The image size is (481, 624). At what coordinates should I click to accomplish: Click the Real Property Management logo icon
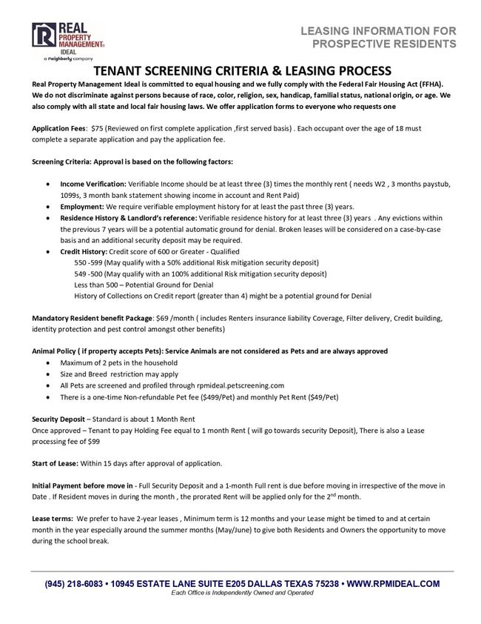(x=43, y=37)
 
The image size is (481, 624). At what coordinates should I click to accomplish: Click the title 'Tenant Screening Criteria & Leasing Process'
(x=240, y=71)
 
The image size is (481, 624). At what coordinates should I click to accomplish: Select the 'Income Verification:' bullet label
(x=93, y=183)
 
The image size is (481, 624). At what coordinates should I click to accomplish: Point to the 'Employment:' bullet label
(x=82, y=207)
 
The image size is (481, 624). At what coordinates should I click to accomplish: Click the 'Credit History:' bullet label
(x=84, y=252)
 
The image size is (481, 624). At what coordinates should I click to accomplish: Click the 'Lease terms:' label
(x=52, y=519)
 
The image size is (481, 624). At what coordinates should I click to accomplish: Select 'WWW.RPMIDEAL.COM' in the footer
(x=393, y=584)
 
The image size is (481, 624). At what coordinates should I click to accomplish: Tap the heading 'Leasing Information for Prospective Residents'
(x=378, y=37)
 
